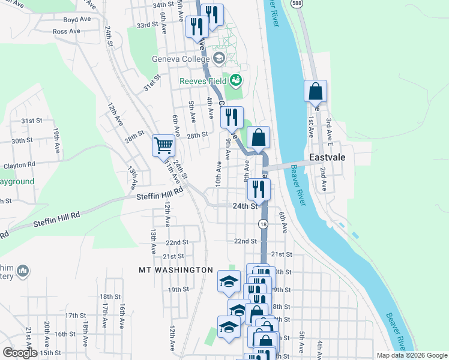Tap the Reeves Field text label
coord(203,81)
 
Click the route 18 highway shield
coord(263,224)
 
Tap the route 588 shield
coord(296,3)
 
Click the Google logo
coord(20,353)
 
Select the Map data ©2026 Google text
coord(411,355)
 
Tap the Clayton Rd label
coord(19,164)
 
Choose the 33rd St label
coord(146,25)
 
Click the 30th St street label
coord(22,140)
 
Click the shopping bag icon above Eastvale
coord(315,91)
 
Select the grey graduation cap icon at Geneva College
coord(218,58)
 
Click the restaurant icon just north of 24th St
coord(259,189)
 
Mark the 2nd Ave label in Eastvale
coord(323,179)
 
